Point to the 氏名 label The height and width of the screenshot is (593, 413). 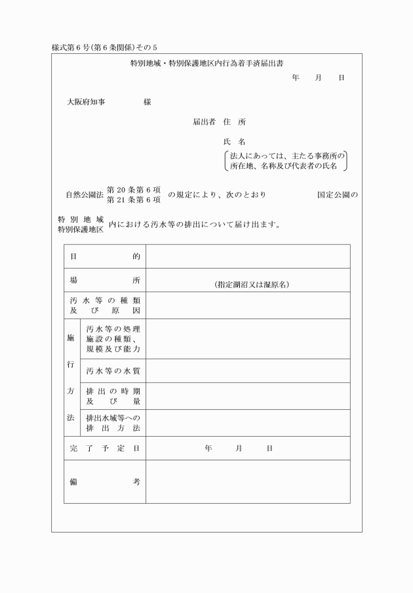coord(234,142)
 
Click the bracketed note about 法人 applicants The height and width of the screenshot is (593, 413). coord(285,161)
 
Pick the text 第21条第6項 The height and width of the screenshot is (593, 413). coord(134,200)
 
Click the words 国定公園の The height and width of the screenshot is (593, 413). coord(337,195)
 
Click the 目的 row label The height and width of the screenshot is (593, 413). coord(105,256)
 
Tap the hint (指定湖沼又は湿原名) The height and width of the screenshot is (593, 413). coord(252,285)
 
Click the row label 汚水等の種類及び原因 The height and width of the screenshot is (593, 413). coord(105,305)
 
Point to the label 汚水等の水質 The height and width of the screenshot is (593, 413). coord(113,371)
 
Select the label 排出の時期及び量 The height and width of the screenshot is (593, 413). coord(113,396)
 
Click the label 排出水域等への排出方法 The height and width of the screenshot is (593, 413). coord(113,423)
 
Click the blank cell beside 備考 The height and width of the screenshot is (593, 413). coord(248,481)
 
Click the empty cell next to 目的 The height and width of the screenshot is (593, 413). coord(248,256)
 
